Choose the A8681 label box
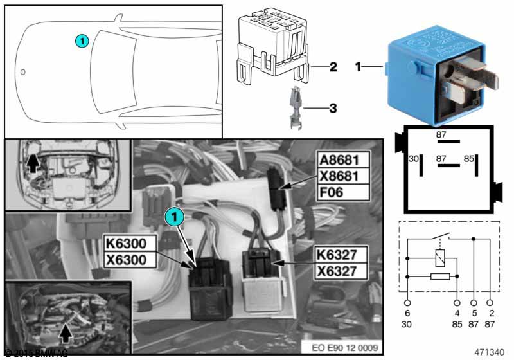344,159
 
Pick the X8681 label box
344,175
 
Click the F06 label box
344,191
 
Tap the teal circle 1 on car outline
81,40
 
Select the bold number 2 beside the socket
333,66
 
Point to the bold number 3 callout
333,108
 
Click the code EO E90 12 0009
344,347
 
